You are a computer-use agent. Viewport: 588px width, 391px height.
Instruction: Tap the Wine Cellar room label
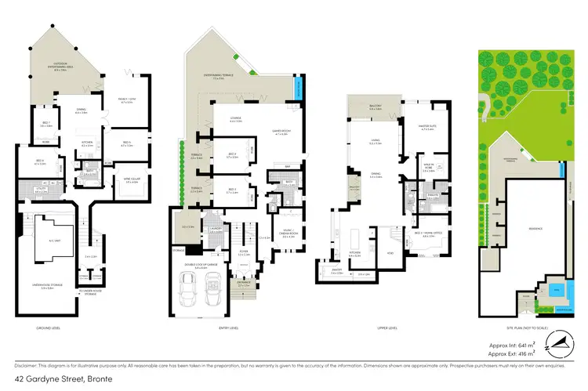pos(120,182)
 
